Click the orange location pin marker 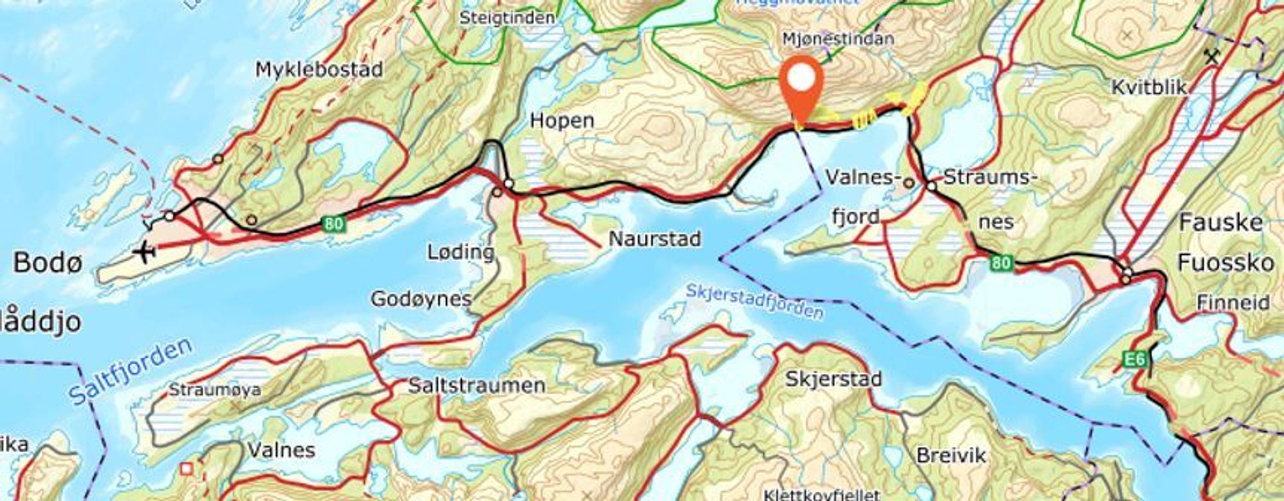pos(801,83)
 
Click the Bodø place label pos(48,263)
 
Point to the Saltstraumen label pos(477,386)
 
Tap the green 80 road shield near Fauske pos(1001,263)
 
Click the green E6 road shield pos(1134,360)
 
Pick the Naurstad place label pos(654,240)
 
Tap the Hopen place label pos(562,120)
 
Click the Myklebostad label pos(319,69)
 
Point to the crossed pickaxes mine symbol pos(1211,57)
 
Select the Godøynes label pos(421,299)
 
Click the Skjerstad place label pos(833,379)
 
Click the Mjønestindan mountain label pos(838,39)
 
